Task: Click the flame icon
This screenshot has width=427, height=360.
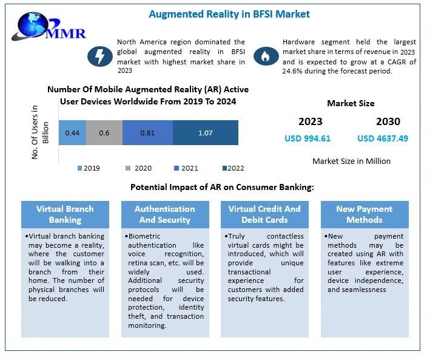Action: coord(264,56)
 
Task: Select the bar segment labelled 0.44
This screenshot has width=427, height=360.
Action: coord(72,132)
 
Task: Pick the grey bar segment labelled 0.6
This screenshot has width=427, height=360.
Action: coord(104,132)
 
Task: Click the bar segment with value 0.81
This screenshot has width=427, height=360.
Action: coord(147,132)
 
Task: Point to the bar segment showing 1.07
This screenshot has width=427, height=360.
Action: coord(205,132)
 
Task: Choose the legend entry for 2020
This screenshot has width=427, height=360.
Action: coord(139,168)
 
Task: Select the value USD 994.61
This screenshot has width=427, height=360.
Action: coord(308,138)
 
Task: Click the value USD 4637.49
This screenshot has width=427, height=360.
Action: coord(383,138)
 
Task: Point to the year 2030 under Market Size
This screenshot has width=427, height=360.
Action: coord(388,121)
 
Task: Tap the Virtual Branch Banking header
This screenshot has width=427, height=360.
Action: coord(65,214)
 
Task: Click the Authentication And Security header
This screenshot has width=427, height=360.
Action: coord(164,214)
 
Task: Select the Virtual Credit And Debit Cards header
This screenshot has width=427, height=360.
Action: coord(264,214)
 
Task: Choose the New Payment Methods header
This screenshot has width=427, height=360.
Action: coord(364,214)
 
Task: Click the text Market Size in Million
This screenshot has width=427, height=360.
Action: coord(351,161)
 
